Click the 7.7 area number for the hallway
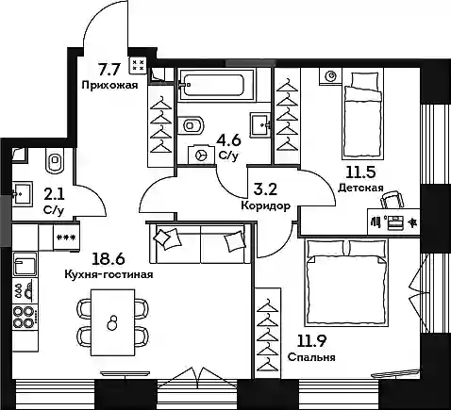pos(109,70)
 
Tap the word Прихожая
pos(109,85)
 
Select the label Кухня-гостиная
pos(109,274)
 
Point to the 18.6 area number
pos(109,259)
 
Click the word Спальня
pos(311,357)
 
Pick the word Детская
pos(360,188)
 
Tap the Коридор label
pos(265,206)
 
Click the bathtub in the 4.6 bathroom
pos(216,85)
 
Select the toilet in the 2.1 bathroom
pos(55,160)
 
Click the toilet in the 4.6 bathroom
pos(191,125)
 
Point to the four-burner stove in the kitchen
pos(25,317)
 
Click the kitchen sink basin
pos(25,265)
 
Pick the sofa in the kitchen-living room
pos(201,244)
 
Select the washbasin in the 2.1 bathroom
pos(22,193)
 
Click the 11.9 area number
pos(312,341)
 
